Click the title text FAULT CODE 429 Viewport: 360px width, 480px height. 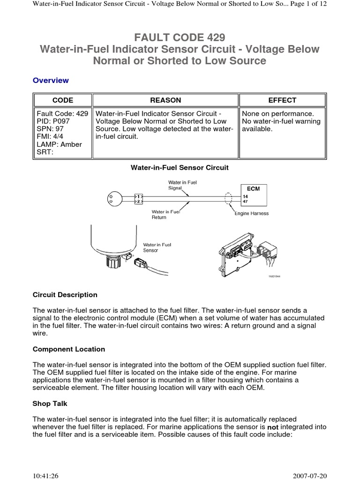pyautogui.click(x=180, y=37)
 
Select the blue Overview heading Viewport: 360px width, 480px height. pyautogui.click(x=51, y=80)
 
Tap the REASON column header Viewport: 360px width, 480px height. pyautogui.click(x=165, y=100)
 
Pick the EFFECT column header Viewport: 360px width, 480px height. pyautogui.click(x=282, y=100)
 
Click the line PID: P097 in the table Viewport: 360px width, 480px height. pyautogui.click(x=52, y=121)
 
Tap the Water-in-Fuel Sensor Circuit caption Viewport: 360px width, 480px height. pyautogui.click(x=180, y=167)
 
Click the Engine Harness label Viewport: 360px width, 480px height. pyautogui.click(x=252, y=213)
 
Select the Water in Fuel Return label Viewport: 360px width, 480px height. pyautogui.click(x=165, y=214)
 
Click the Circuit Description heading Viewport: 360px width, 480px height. pyautogui.click(x=65, y=295)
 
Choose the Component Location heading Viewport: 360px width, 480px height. pyautogui.click(x=69, y=349)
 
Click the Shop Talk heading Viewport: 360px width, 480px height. pyautogui.click(x=50, y=404)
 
